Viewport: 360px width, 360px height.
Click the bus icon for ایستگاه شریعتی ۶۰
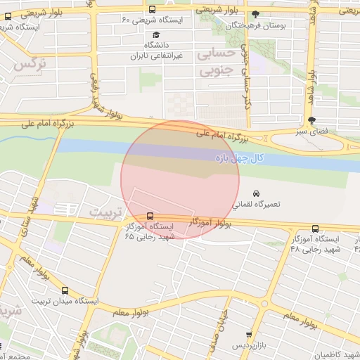pos(153,9)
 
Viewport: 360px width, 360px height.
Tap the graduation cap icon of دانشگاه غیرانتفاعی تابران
pos(155,34)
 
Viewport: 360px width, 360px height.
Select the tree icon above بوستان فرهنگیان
pos(255,14)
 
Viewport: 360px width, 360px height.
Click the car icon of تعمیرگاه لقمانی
pos(257,193)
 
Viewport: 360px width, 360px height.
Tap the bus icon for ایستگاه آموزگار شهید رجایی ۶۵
pos(150,216)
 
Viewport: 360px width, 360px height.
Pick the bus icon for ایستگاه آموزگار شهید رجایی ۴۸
pos(314,229)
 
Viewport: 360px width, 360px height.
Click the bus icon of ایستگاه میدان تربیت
pos(65,290)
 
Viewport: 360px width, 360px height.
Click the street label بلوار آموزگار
pos(211,223)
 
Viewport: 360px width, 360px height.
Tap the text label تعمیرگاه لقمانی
pos(256,204)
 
